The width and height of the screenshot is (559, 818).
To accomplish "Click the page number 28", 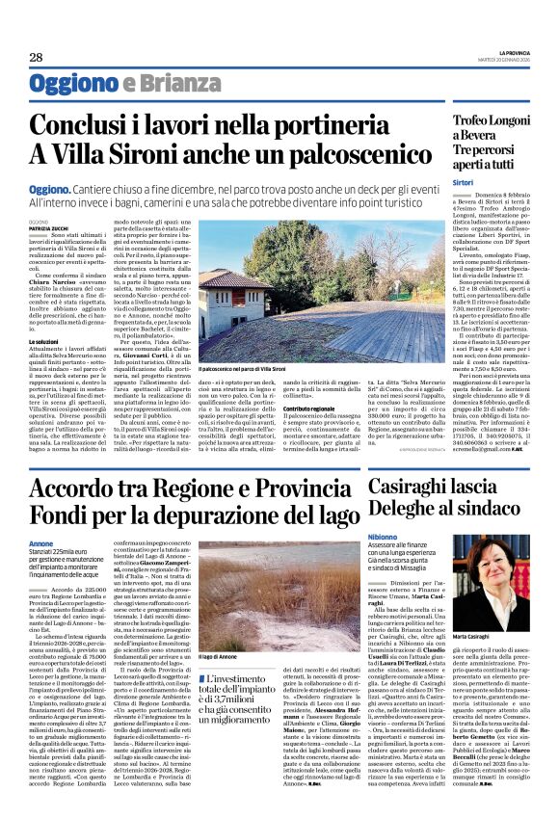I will tap(36, 58).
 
